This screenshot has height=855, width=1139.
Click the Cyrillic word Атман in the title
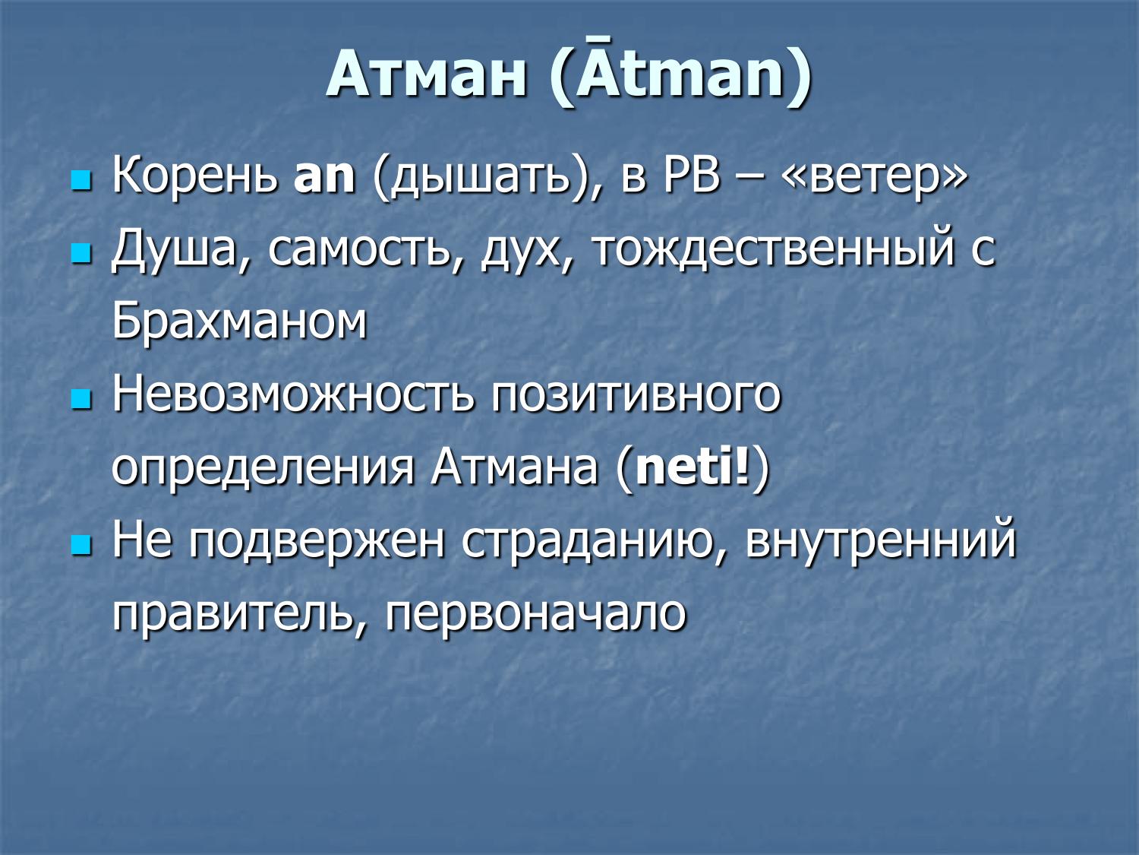click(x=427, y=74)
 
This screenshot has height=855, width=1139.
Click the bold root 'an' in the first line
click(x=324, y=176)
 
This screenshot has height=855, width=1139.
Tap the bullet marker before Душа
click(x=80, y=255)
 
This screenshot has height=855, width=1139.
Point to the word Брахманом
click(x=239, y=321)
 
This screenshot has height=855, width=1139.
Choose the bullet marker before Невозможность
click(x=80, y=399)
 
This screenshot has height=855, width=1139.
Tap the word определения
click(x=263, y=467)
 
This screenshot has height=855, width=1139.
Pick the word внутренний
click(x=880, y=540)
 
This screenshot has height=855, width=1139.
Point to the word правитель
click(x=234, y=613)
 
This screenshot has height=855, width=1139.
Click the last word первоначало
click(x=535, y=613)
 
